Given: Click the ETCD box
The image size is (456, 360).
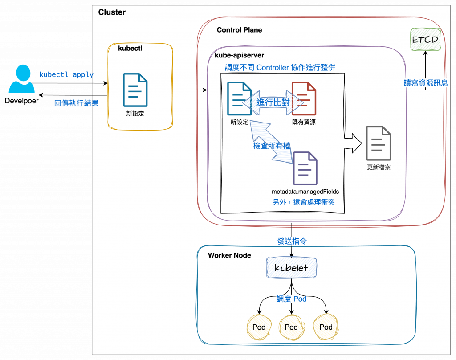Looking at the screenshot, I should pyautogui.click(x=425, y=40).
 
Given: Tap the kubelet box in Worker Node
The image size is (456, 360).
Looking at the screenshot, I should pyautogui.click(x=291, y=268).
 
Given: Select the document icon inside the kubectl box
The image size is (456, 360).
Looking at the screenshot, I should pyautogui.click(x=134, y=90).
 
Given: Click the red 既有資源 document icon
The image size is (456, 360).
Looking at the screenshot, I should pyautogui.click(x=304, y=98).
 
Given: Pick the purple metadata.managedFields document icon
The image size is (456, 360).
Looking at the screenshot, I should pyautogui.click(x=305, y=168).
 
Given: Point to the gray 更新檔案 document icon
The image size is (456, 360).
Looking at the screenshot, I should pyautogui.click(x=379, y=143).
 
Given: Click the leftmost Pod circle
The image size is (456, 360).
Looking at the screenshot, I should pyautogui.click(x=259, y=327).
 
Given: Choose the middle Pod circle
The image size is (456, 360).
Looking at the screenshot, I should pyautogui.click(x=291, y=327).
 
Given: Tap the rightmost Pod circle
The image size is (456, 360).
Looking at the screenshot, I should pyautogui.click(x=326, y=327).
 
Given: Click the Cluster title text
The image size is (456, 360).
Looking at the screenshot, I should pyautogui.click(x=112, y=12).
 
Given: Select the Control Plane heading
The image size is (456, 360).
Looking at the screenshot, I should pyautogui.click(x=239, y=30).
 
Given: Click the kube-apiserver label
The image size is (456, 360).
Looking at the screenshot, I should pyautogui.click(x=239, y=56).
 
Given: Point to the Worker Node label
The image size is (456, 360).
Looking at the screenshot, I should pyautogui.click(x=229, y=255).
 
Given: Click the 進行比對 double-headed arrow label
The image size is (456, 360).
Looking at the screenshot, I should pyautogui.click(x=273, y=102).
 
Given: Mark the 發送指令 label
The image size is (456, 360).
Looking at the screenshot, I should pyautogui.click(x=292, y=241).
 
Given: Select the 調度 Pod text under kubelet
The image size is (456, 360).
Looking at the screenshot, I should pyautogui.click(x=291, y=299).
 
